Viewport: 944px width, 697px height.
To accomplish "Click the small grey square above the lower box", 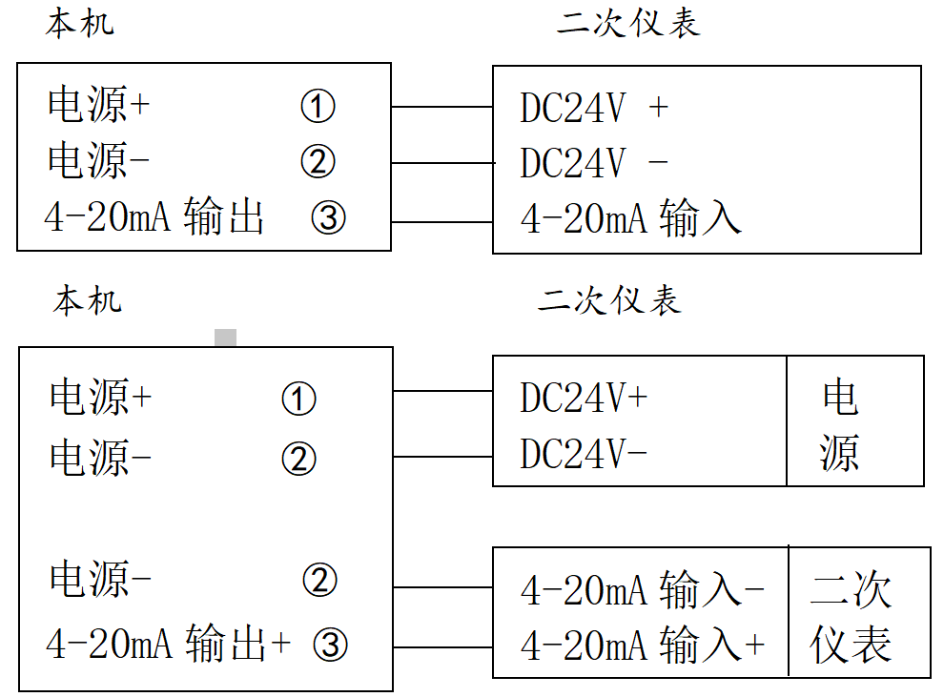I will pyautogui.click(x=225, y=338).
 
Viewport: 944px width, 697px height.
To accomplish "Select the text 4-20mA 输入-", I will pyautogui.click(x=642, y=591).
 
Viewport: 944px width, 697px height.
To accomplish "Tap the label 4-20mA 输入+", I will pyautogui.click(x=642, y=646).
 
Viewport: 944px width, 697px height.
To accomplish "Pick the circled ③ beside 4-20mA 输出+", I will pyautogui.click(x=330, y=646).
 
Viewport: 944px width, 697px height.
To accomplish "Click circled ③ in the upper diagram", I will pyautogui.click(x=328, y=219).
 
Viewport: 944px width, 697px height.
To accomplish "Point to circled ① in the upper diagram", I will pyautogui.click(x=318, y=106).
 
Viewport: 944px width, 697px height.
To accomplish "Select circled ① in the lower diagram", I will pyautogui.click(x=298, y=399).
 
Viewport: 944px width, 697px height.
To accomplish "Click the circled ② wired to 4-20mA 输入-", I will pyautogui.click(x=319, y=580).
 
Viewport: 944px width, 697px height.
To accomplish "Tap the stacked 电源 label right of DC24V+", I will pyautogui.click(x=840, y=425).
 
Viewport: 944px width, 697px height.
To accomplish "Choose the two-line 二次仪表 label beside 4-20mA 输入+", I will pyautogui.click(x=852, y=618).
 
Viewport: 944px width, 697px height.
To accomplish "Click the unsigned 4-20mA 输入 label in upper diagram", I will pyautogui.click(x=630, y=219).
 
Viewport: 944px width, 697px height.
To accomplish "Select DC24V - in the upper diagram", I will pyautogui.click(x=593, y=164).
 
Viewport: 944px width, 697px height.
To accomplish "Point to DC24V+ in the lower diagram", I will pyautogui.click(x=584, y=399).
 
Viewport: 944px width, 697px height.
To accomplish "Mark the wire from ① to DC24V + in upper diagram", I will pyautogui.click(x=441, y=107).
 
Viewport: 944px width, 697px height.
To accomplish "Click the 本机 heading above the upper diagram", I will pyautogui.click(x=79, y=23).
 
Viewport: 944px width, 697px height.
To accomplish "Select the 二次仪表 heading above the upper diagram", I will pyautogui.click(x=628, y=24).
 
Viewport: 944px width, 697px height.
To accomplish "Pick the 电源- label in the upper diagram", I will pyautogui.click(x=99, y=162).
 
